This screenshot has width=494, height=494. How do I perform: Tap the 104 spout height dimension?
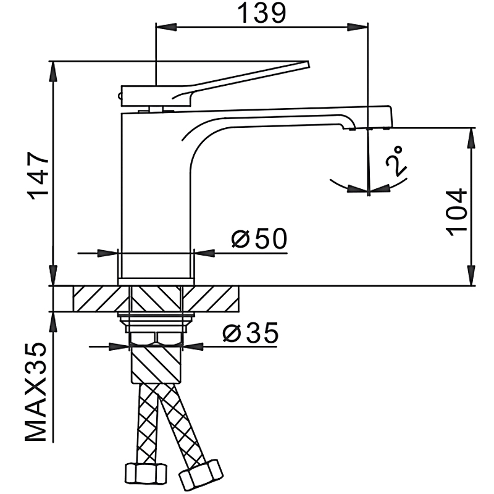pyautogui.click(x=458, y=211)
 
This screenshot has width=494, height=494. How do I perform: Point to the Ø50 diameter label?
pyautogui.click(x=259, y=239)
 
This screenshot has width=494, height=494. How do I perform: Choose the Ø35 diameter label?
pyautogui.click(x=250, y=333)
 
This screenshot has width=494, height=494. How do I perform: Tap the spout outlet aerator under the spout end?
pyautogui.click(x=350, y=128)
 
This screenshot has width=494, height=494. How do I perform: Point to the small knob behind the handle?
pyautogui.click(x=121, y=94)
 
